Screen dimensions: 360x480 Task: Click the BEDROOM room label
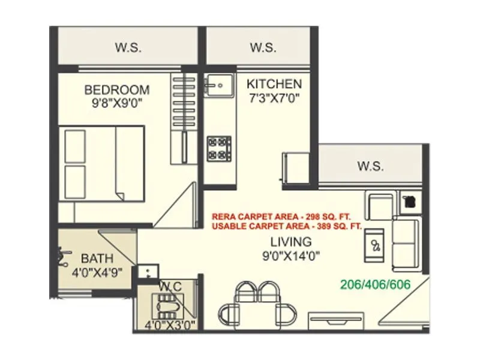(x=116, y=90)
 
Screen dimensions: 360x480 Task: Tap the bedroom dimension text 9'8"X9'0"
(x=116, y=103)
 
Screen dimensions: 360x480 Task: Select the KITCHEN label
(x=274, y=83)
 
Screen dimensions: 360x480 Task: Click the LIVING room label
(x=290, y=242)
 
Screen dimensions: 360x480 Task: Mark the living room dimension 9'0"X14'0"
(x=290, y=256)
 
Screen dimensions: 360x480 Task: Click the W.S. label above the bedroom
(x=130, y=47)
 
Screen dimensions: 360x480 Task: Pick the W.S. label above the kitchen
(x=262, y=47)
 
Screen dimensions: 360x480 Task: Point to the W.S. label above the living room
(x=370, y=166)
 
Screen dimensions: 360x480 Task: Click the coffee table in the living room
(x=376, y=245)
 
